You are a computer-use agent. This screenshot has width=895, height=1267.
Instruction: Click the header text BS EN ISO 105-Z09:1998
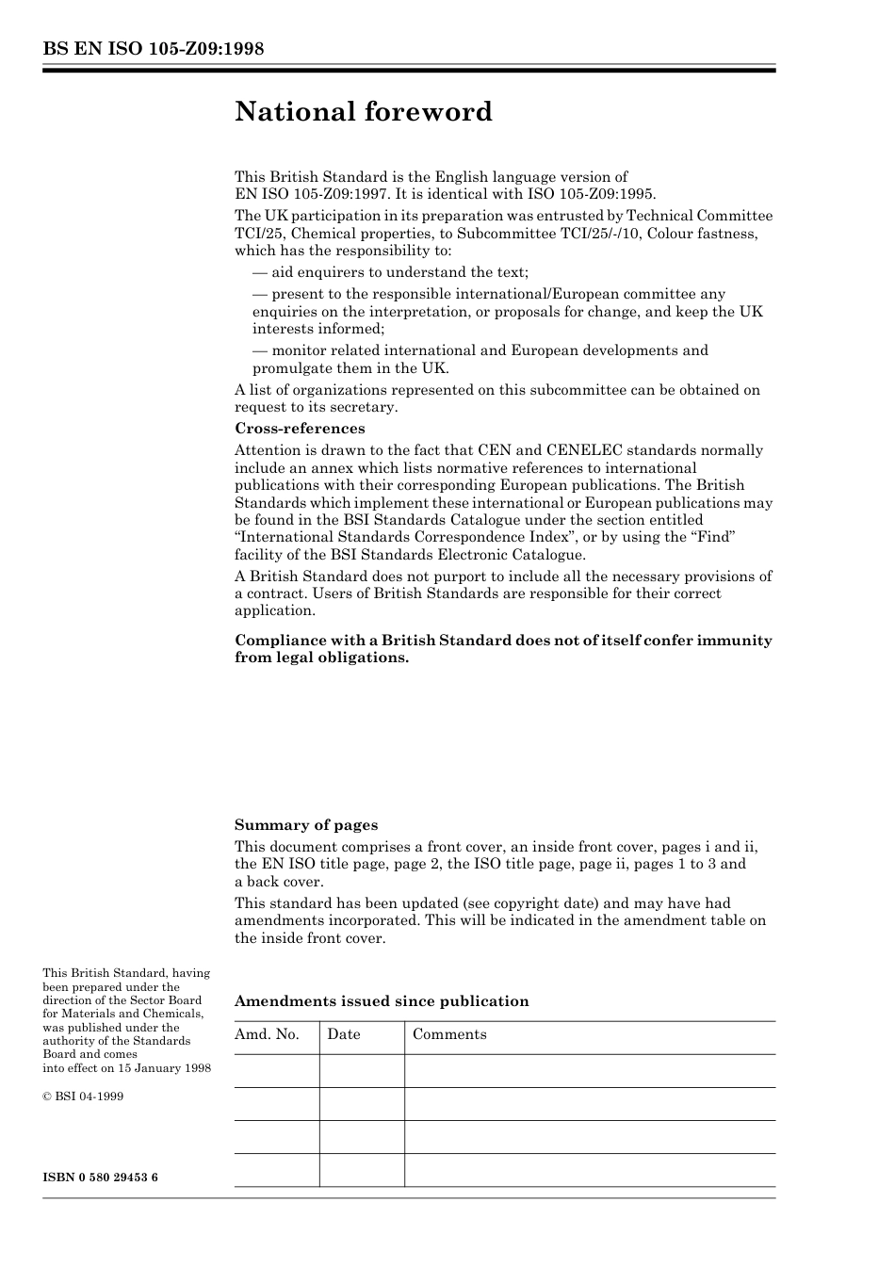153,49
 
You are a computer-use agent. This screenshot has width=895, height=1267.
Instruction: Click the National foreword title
364,112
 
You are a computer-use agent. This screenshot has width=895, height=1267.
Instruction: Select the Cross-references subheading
300,429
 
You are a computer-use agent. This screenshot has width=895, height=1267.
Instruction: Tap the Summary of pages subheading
306,825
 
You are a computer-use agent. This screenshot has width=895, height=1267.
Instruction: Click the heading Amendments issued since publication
382,1001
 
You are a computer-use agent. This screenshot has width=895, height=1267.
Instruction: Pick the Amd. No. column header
267,1034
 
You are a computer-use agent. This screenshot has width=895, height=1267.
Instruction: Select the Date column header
344,1034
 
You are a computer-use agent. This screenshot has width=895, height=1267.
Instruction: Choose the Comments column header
449,1034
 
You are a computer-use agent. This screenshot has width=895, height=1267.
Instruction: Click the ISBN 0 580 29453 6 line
100,1178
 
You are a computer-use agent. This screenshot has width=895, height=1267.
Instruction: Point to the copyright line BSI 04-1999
89,1096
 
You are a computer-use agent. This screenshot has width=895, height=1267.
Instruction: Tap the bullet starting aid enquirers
390,272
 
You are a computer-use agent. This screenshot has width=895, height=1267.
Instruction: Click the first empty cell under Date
362,1071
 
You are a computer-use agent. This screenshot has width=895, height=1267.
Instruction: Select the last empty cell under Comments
590,1170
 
